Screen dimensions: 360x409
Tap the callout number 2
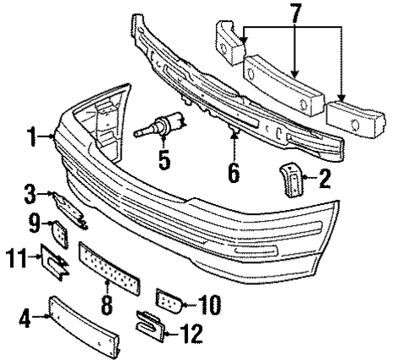(x=325, y=179)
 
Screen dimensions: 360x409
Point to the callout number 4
(x=25, y=319)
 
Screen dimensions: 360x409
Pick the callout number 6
(x=232, y=173)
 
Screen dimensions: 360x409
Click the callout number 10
(x=210, y=302)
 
